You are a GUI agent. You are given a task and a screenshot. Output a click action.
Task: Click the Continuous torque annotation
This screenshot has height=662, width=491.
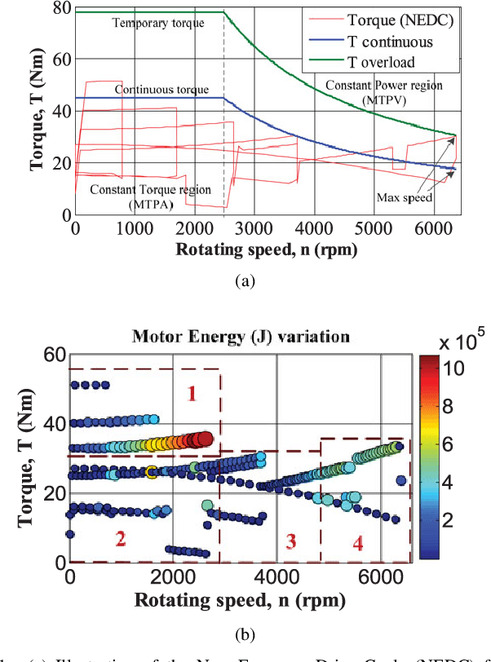[162, 89]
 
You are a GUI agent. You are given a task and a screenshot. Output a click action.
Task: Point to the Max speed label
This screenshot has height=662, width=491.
[404, 197]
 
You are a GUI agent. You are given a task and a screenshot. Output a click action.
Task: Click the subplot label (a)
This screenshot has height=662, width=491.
[245, 280]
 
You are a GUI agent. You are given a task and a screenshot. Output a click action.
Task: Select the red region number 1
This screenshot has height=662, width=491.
[192, 394]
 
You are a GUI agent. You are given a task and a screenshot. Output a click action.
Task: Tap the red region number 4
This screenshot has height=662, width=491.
[357, 545]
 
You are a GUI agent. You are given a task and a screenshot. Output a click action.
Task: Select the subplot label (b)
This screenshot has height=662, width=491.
[245, 633]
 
